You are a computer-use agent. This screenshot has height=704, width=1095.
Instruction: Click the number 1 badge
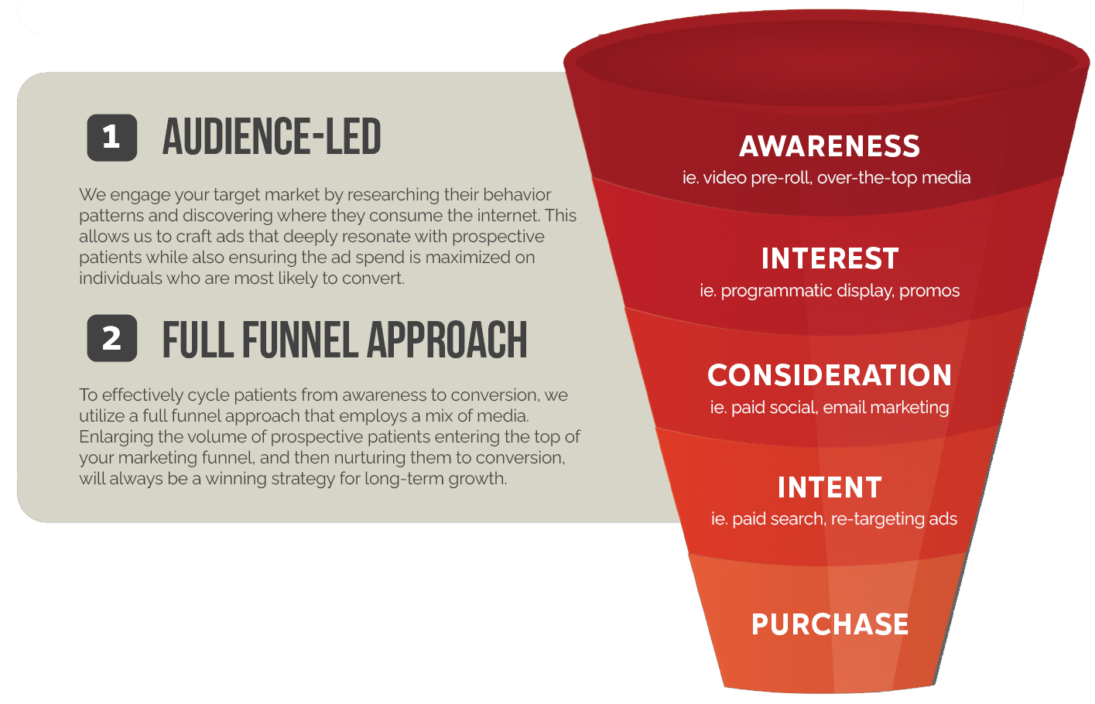112,137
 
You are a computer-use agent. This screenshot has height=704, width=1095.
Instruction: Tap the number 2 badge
112,338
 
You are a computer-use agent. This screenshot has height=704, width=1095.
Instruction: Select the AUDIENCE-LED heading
272,137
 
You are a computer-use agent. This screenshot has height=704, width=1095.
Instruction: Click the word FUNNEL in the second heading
300,340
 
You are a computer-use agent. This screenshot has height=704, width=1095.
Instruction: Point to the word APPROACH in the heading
447,340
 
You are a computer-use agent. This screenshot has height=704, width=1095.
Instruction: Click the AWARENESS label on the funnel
830,146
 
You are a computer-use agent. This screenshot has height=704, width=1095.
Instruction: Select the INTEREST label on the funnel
830,258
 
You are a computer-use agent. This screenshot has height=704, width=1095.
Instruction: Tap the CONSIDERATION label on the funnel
830,375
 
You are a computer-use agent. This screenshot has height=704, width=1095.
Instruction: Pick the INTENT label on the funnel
830,487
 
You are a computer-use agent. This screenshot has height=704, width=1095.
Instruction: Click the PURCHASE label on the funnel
830,624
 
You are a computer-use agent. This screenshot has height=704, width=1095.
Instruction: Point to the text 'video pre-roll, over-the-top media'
837,178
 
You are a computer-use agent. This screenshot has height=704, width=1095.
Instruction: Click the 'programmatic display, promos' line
840,291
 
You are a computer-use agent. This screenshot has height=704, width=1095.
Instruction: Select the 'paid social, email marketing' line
840,408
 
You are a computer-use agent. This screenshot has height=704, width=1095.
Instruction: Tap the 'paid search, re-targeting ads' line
845,519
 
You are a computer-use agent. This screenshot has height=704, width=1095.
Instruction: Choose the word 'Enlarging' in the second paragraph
116,437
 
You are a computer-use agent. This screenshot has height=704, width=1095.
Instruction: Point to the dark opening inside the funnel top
826,63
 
